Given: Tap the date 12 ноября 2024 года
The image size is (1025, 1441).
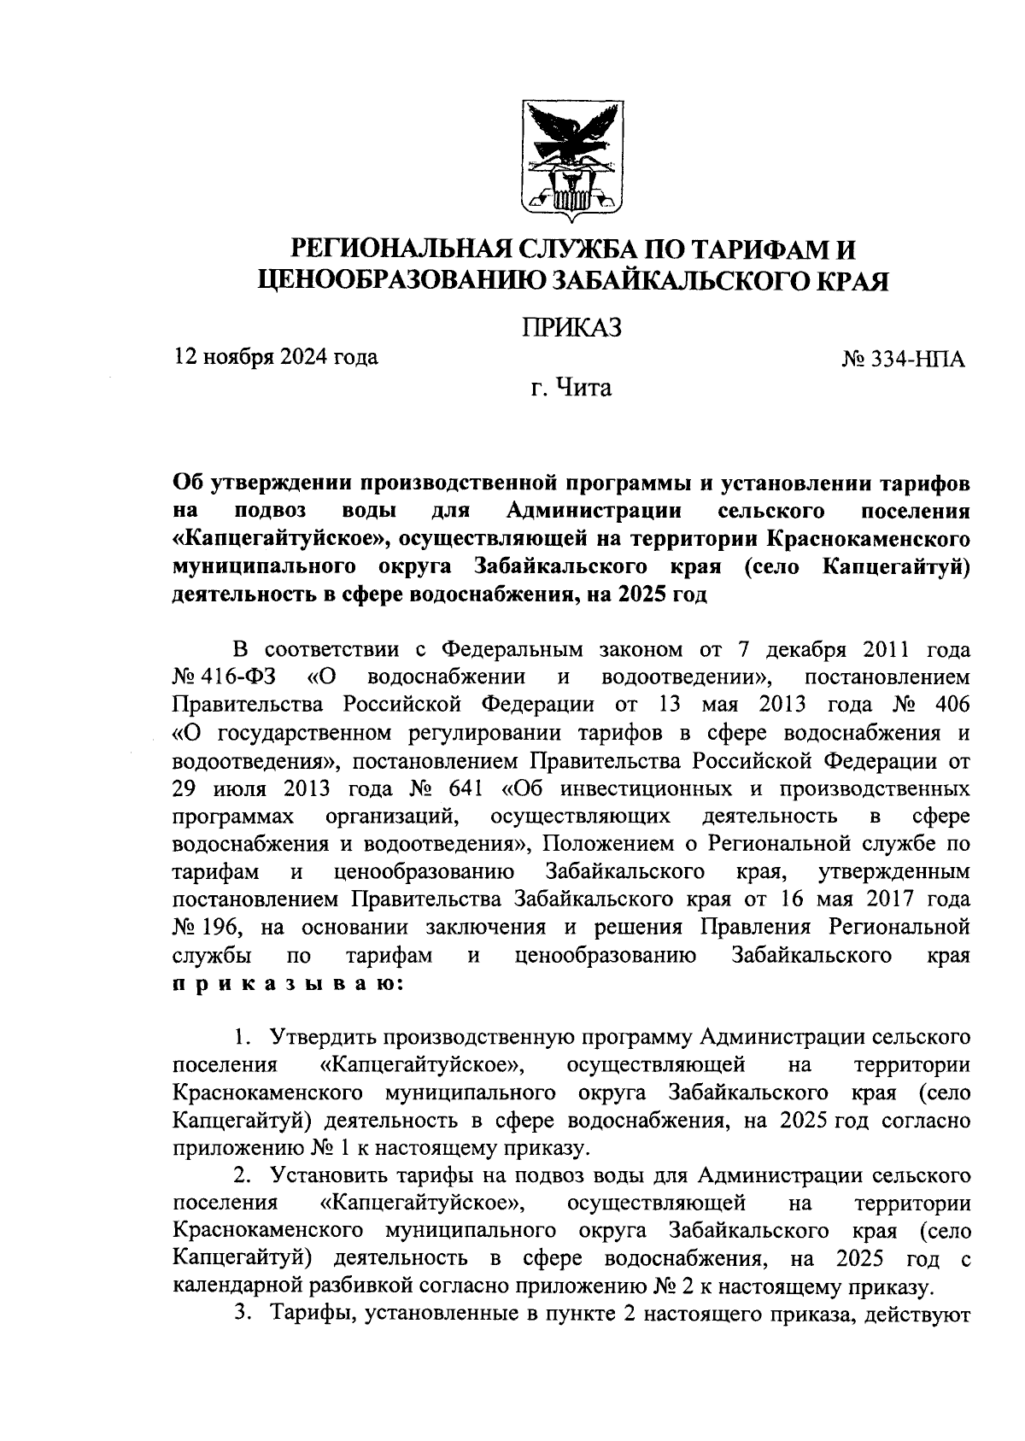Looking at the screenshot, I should tap(276, 356).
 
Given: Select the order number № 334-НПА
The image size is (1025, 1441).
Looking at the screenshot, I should tap(904, 360).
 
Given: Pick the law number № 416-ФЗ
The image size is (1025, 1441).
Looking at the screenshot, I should tap(225, 677).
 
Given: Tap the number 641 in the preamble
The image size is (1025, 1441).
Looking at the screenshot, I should tap(465, 788).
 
